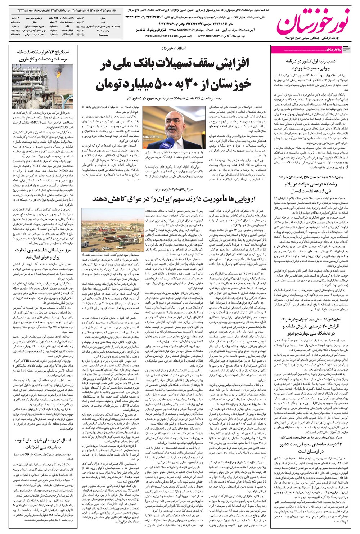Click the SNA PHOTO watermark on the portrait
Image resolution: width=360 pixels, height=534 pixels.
pyautogui.click(x=151, y=137)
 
